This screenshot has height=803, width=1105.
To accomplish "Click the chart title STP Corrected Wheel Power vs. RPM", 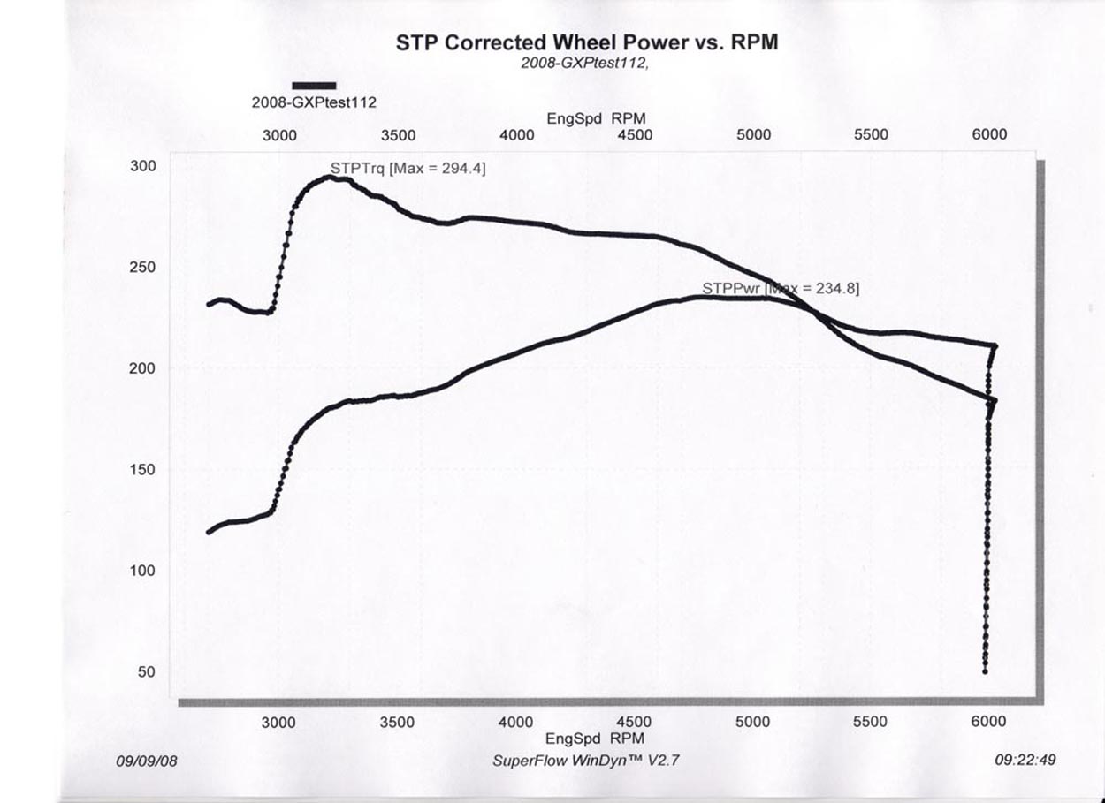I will click(x=587, y=42).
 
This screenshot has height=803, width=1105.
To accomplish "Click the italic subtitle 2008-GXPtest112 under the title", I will click(x=584, y=63).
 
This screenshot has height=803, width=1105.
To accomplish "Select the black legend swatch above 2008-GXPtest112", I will click(x=314, y=86).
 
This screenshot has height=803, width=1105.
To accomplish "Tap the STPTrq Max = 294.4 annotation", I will click(x=408, y=167).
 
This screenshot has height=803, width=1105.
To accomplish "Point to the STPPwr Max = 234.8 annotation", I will click(x=781, y=288).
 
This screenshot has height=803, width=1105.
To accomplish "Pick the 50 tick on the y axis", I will click(x=147, y=672).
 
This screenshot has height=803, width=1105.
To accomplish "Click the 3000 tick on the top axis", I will click(x=280, y=135).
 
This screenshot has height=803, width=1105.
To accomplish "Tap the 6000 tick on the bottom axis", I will click(x=988, y=723).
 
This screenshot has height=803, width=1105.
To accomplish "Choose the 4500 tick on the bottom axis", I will click(x=634, y=723).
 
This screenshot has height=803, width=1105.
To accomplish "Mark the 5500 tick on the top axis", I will click(x=871, y=135).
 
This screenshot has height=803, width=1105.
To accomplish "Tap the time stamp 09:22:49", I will click(x=1025, y=760).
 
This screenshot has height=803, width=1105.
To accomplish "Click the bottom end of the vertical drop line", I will click(x=985, y=671).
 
